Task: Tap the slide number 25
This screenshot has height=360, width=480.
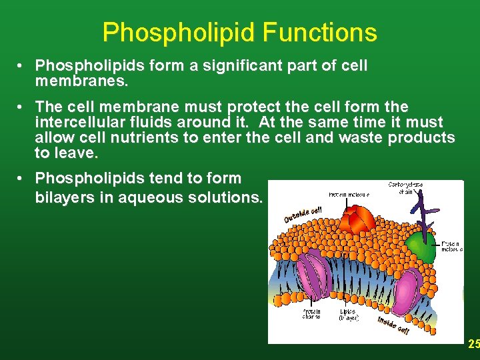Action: (473, 344)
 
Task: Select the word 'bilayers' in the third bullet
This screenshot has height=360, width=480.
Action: (64, 198)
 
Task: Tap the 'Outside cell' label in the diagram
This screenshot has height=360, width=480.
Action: (303, 213)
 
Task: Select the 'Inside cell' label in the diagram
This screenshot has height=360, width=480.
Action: (393, 326)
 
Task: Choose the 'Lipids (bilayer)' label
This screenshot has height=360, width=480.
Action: (348, 315)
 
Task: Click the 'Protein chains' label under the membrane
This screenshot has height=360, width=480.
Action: (311, 314)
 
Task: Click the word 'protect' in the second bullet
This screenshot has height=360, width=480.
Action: (255, 107)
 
